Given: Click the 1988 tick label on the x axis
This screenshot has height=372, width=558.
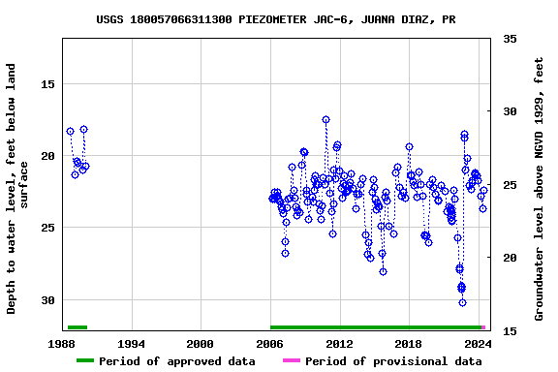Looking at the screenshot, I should click(62, 343).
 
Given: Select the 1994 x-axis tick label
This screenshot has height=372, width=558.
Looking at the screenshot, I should click(131, 343).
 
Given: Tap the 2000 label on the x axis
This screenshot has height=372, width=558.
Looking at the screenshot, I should click(201, 343).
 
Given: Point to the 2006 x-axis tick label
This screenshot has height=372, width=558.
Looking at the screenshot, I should click(269, 343).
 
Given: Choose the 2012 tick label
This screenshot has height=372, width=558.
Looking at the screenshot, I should click(339, 343).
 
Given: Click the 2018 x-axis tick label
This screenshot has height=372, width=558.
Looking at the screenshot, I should click(408, 343).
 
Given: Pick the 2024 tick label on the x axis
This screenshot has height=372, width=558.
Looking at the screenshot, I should click(478, 343).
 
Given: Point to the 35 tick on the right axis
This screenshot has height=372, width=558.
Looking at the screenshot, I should click(510, 39).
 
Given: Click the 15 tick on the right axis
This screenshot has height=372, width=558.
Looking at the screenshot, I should click(510, 331).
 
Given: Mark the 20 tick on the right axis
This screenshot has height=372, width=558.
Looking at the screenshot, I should click(510, 258).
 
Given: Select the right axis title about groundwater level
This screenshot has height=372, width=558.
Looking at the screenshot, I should click(539, 189).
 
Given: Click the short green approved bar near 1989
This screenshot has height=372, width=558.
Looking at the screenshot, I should click(77, 327).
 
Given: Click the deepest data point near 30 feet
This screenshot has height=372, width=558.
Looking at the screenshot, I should click(462, 302).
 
